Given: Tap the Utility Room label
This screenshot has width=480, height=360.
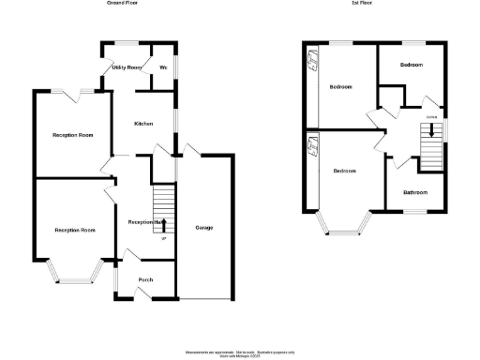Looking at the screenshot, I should point(126,67).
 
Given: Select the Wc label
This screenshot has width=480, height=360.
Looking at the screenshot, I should point(163,67).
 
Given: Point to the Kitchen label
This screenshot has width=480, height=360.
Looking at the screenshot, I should point(143,124).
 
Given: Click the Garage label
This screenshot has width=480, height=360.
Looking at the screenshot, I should point(203,228).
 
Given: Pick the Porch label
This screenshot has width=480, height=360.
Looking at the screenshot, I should point(145,279).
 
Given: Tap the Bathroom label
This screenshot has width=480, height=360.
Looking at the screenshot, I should point(415,192).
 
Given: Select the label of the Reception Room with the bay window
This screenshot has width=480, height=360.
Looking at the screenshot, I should point(75,230).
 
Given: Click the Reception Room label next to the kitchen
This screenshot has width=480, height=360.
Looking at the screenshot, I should point(73,135).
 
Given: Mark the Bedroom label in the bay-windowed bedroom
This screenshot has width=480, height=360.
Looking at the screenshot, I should point(345,171).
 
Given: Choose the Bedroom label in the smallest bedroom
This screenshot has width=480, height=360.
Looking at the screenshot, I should point(412,65).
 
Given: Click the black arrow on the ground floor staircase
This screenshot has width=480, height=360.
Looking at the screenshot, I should point(163,222).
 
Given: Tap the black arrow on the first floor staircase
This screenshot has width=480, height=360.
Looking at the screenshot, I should point(431,131).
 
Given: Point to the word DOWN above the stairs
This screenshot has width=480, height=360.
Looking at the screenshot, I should point(431,117).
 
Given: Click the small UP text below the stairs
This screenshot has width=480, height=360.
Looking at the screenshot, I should point(164,239).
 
